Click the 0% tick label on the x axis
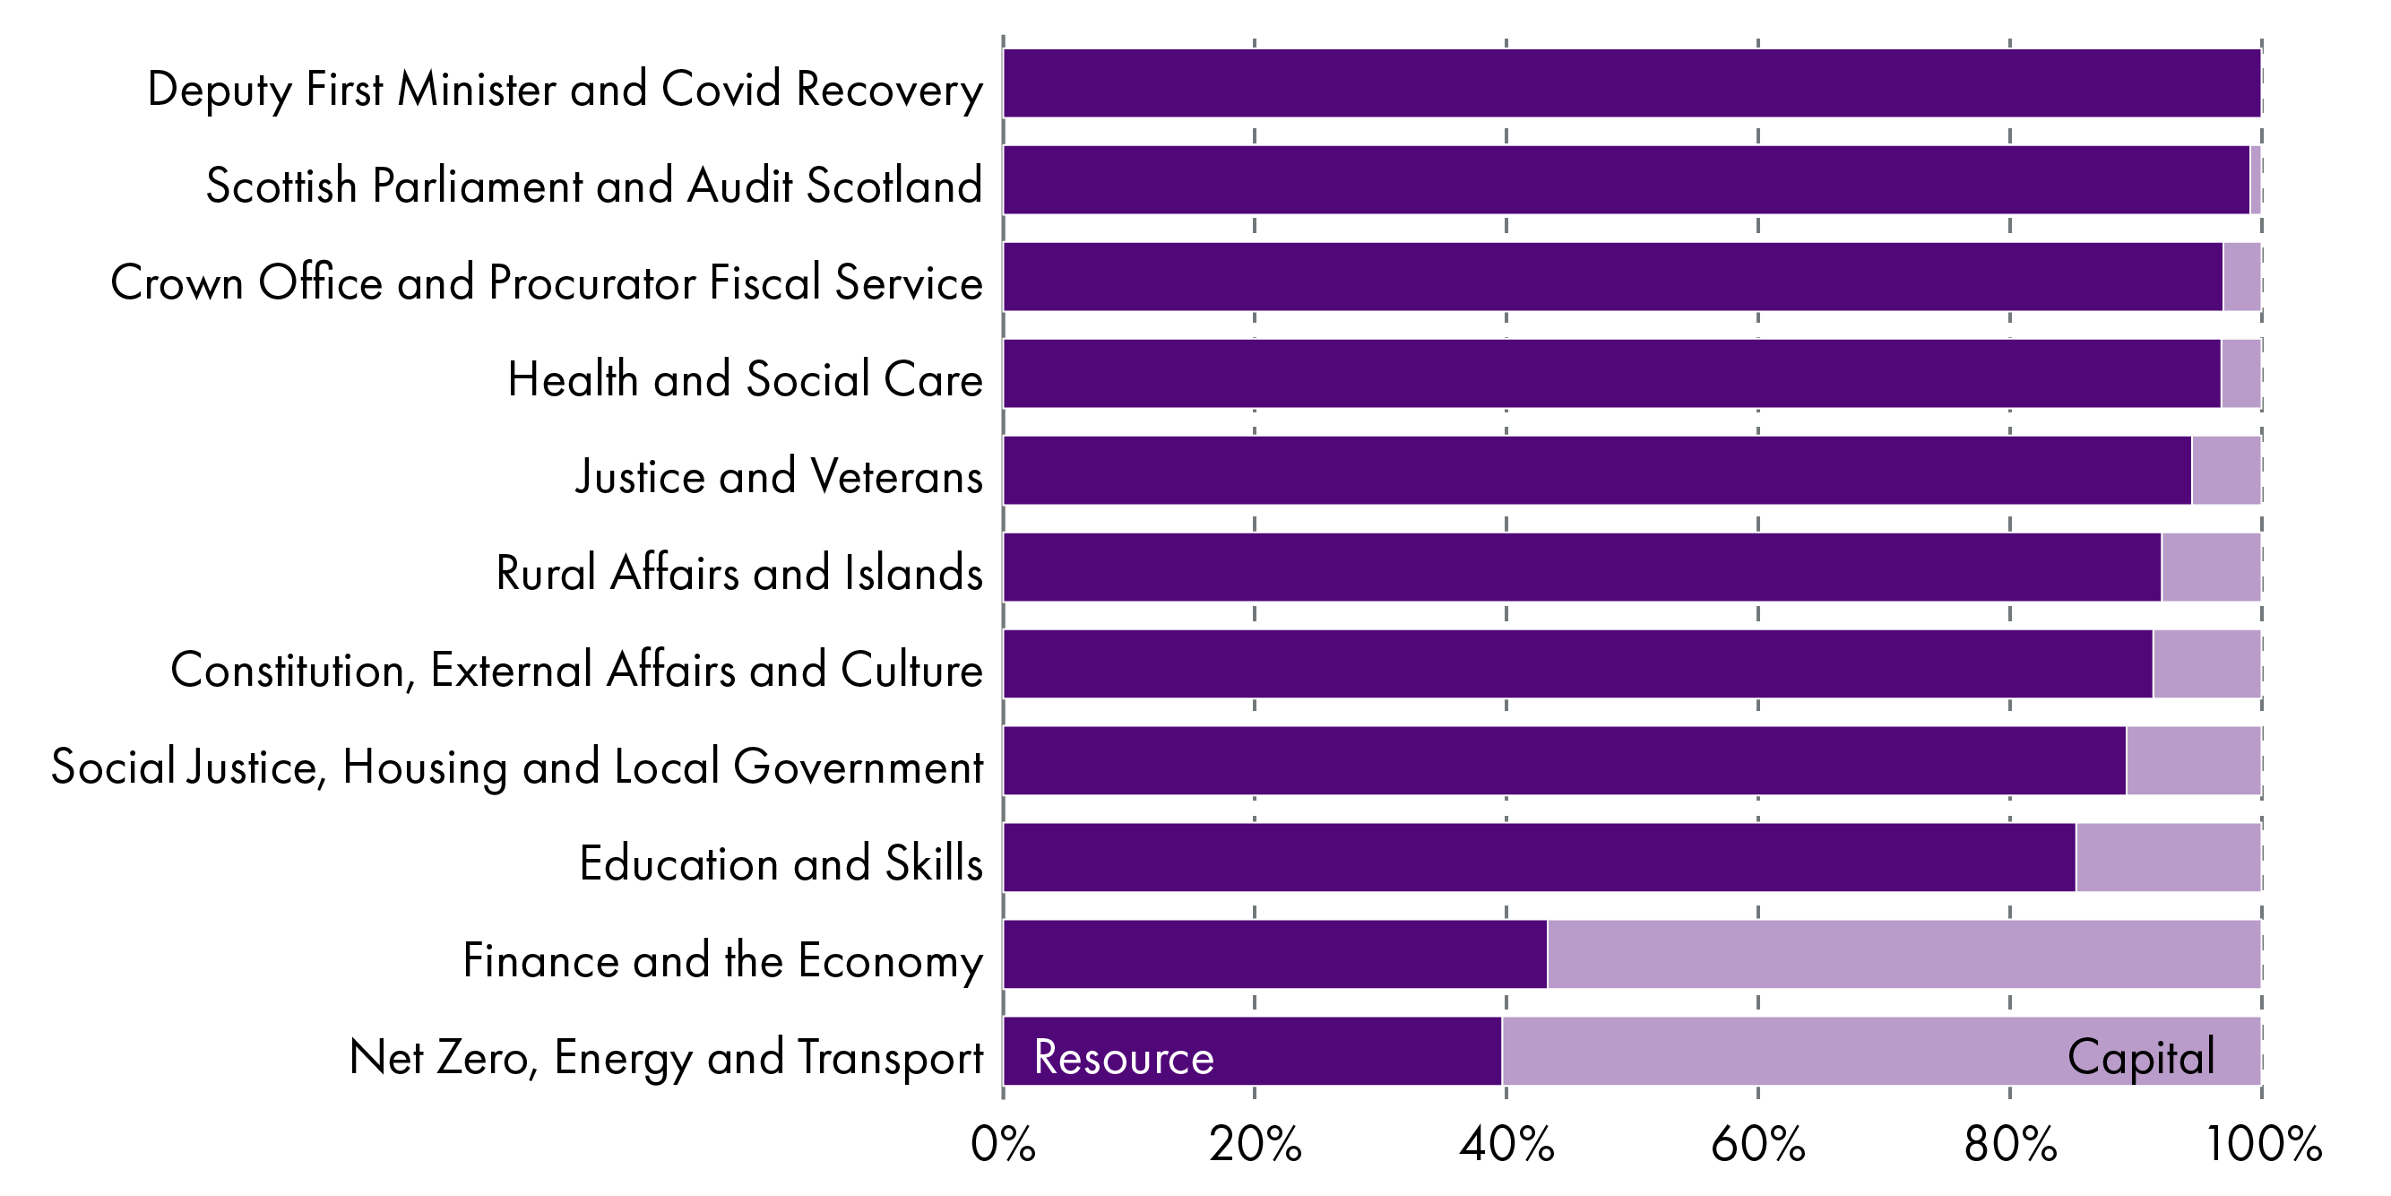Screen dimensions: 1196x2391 pos(1003,1144)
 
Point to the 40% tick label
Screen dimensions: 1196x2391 pos(1506,1144)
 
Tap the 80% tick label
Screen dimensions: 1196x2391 pos(2009,1144)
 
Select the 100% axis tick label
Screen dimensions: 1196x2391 pos(2263,1144)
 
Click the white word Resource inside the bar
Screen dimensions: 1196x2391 pos(1123,1058)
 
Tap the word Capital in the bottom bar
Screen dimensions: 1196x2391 pos(2140,1058)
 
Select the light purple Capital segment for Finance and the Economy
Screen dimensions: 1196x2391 pos(1903,955)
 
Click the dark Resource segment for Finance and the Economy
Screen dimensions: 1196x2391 pos(1274,955)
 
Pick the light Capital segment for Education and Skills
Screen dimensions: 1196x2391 pos(2167,857)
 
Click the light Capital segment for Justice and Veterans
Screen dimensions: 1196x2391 pos(2226,471)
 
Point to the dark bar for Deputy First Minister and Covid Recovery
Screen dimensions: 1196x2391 pos(1631,83)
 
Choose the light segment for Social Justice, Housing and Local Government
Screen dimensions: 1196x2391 pos(2192,760)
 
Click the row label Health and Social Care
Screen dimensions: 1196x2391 pos(745,379)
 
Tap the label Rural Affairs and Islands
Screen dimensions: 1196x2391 pos(738,572)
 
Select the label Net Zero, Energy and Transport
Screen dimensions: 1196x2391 pos(666,1058)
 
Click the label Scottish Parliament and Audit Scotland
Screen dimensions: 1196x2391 pos(594,185)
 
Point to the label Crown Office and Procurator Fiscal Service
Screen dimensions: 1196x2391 pos(546,282)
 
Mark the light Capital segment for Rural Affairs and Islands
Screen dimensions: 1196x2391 pos(2210,568)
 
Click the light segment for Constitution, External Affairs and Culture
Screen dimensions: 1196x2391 pos(2206,664)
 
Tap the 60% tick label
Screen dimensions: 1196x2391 pos(1757,1144)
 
